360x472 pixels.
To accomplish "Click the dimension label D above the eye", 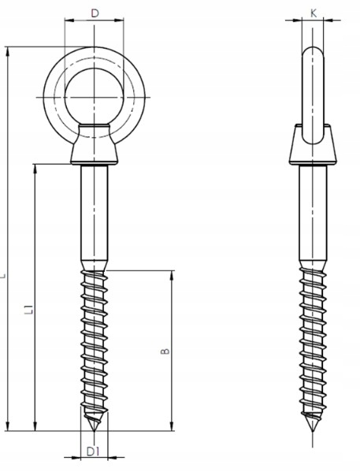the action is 95,13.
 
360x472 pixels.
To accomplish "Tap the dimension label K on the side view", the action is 314,13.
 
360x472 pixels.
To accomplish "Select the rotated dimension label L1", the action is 29,309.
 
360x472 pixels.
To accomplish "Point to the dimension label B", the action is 165,351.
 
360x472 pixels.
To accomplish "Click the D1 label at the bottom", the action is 93,452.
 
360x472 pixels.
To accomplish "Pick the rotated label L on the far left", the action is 3,276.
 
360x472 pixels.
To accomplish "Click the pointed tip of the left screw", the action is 95,431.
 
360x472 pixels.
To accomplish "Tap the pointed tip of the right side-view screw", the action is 313,431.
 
